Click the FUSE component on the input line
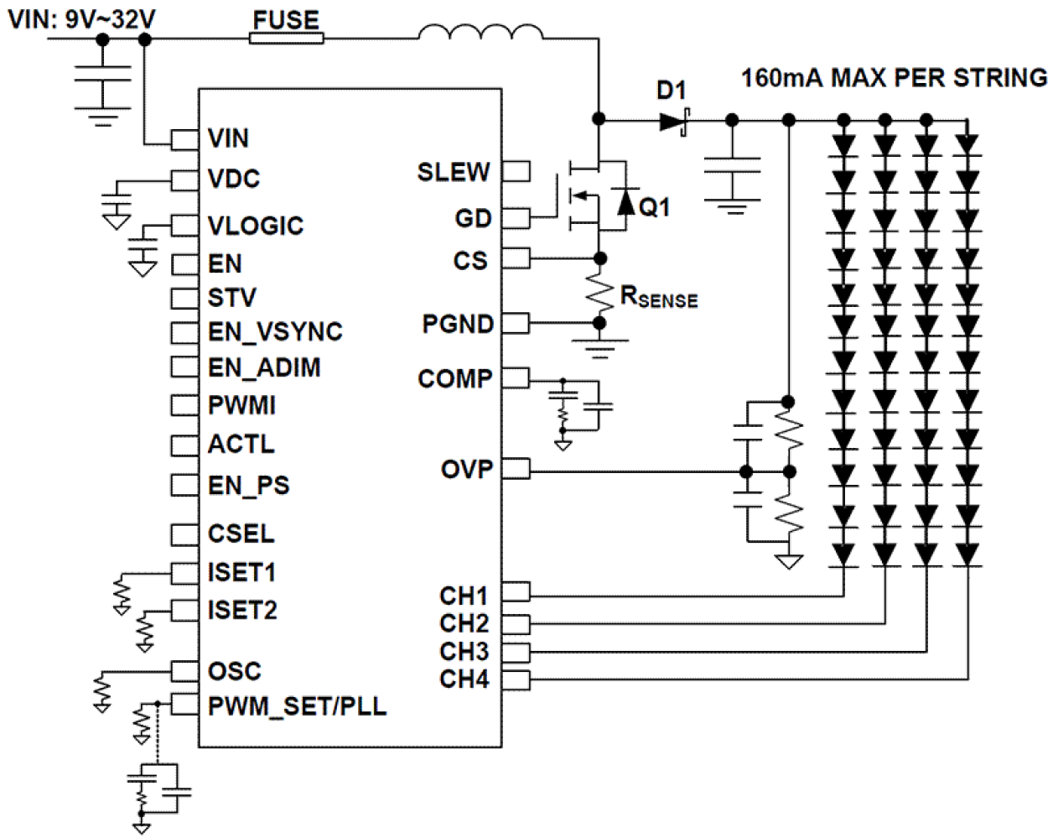[x=286, y=38]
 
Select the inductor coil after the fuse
[x=480, y=34]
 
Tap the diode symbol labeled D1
[x=673, y=122]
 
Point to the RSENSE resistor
[x=599, y=291]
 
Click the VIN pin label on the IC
[x=228, y=138]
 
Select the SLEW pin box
[x=516, y=172]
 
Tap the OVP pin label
[x=467, y=470]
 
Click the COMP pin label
[x=455, y=379]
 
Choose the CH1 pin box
[x=516, y=593]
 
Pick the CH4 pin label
[x=464, y=679]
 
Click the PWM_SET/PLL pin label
[x=297, y=706]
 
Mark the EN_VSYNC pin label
[x=275, y=332]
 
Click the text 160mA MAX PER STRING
[x=894, y=79]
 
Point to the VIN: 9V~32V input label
[x=81, y=18]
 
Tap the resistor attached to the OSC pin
[x=102, y=690]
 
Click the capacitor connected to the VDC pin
[x=116, y=202]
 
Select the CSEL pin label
[x=241, y=534]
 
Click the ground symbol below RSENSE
[x=599, y=347]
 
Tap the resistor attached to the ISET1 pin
[x=123, y=591]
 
